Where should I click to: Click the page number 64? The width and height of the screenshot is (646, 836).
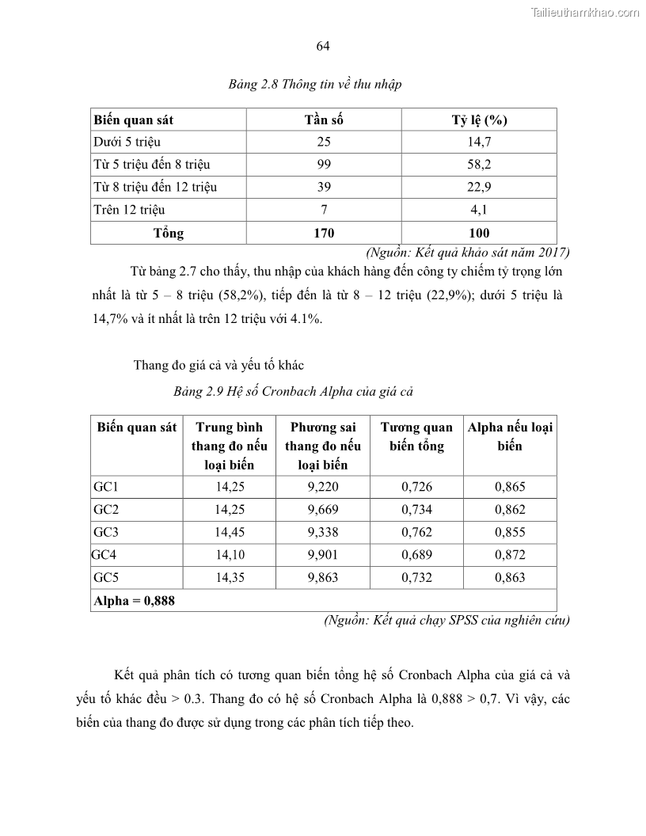coord(322,47)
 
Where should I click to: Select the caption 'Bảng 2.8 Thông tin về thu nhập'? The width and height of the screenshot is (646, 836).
coord(315,85)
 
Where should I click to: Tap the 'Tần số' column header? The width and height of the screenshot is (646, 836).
coord(324,120)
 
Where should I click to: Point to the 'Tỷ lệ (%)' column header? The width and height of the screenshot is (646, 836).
coord(479,120)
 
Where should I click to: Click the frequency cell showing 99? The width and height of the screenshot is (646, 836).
coord(324,165)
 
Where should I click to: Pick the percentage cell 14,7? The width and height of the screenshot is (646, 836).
coord(479,142)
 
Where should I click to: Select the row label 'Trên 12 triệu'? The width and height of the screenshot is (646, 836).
coord(129,210)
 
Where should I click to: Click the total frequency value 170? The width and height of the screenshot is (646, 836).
coord(324,233)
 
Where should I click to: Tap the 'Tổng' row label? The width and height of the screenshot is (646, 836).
coord(168,233)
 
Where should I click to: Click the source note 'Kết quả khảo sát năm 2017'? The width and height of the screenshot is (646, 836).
coord(468,253)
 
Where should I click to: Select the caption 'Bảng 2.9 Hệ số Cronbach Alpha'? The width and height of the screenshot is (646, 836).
coord(294,391)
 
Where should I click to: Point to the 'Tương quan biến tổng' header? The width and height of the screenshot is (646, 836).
coord(416,436)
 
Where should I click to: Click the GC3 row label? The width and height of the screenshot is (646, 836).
coord(105,532)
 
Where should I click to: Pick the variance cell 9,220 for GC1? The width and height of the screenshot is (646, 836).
coord(323,487)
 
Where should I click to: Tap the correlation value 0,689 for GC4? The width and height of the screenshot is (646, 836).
coord(416,555)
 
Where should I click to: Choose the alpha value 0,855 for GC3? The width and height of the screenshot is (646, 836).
coord(510,532)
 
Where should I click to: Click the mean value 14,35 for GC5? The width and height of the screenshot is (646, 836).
coord(230,577)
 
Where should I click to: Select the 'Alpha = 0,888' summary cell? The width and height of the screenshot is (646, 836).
coord(134,600)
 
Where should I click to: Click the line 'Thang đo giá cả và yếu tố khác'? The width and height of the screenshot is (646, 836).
coord(218,365)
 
